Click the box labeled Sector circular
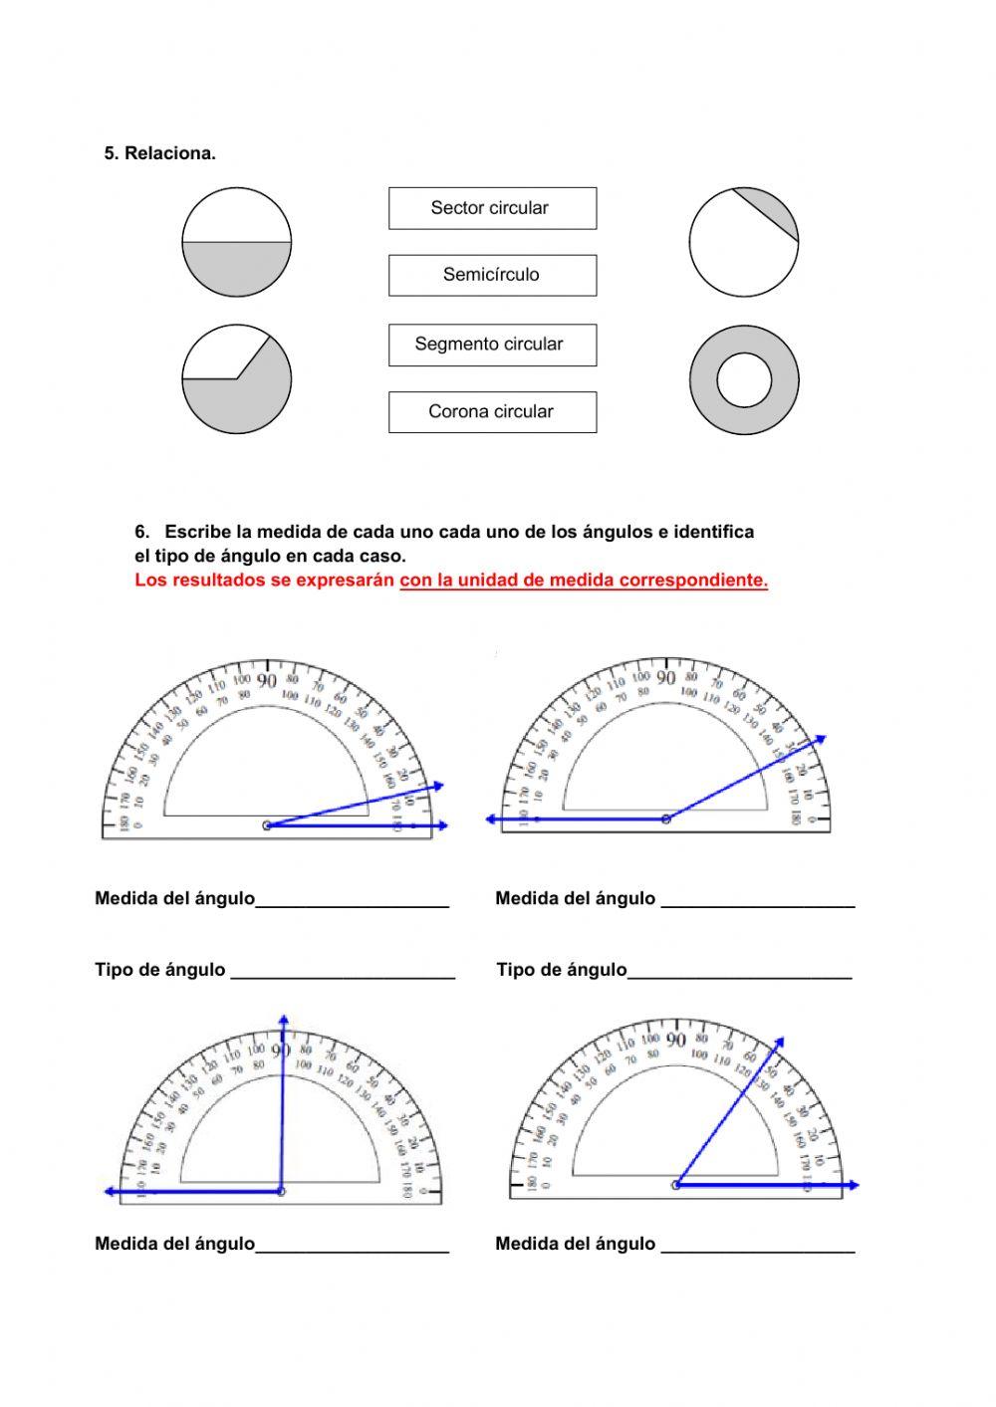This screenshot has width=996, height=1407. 492,208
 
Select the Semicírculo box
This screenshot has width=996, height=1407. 492,275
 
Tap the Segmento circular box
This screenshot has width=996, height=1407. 492,345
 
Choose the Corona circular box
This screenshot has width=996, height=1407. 492,411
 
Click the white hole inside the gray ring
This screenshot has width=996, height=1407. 744,379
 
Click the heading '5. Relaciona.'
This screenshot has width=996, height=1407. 160,153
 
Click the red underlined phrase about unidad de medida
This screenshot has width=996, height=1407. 584,581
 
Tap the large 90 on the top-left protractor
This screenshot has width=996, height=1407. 267,681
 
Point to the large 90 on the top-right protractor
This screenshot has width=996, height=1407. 665,678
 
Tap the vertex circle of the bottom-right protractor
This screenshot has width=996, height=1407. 677,1185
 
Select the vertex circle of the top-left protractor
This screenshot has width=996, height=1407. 267,825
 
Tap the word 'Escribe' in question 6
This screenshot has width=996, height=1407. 195,532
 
